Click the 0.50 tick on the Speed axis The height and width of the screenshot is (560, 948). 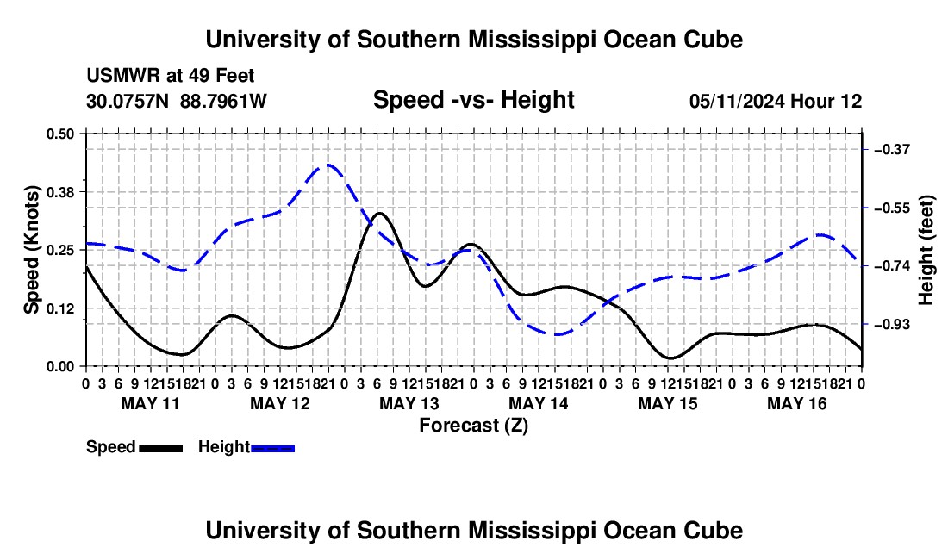[59, 134]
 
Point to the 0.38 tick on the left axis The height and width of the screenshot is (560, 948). [59, 192]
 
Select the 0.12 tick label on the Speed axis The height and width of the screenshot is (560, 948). [59, 308]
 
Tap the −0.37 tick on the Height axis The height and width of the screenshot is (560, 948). [892, 149]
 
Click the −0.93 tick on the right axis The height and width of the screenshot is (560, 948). [892, 325]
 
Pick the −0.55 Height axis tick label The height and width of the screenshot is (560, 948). [892, 208]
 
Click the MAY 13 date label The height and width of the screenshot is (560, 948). [409, 403]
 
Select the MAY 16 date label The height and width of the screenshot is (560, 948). [797, 403]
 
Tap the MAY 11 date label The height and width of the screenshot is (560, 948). [151, 403]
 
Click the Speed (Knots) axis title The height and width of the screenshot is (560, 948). [31, 250]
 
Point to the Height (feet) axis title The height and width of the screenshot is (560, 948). [926, 250]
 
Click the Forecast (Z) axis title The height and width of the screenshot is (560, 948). [474, 426]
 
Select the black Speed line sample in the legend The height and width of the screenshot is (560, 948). [161, 449]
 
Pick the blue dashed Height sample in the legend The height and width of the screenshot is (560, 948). [272, 449]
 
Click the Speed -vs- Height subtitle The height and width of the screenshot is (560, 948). [473, 100]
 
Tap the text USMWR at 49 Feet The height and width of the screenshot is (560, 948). [171, 76]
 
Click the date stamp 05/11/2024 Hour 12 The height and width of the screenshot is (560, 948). [776, 101]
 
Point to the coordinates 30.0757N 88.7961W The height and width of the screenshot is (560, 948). [177, 101]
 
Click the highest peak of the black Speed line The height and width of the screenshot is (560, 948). [380, 214]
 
